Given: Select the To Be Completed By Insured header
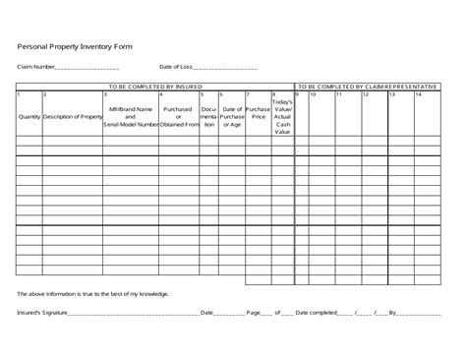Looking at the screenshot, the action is pyautogui.click(x=155, y=87).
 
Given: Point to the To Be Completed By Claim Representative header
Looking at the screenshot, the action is pyautogui.click(x=367, y=87).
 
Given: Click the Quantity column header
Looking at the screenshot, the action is pyautogui.click(x=29, y=117).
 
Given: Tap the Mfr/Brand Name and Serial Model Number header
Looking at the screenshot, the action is pyautogui.click(x=130, y=117).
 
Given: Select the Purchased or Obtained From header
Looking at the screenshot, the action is pyautogui.click(x=178, y=117).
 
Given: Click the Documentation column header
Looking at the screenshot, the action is pyautogui.click(x=208, y=117).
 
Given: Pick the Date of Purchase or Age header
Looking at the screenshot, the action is pyautogui.click(x=232, y=117).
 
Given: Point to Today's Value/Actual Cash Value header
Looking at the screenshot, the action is pyautogui.click(x=281, y=117).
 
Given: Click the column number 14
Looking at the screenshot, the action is pyautogui.click(x=418, y=94).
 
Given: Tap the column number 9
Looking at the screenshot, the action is pyautogui.click(x=300, y=94).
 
